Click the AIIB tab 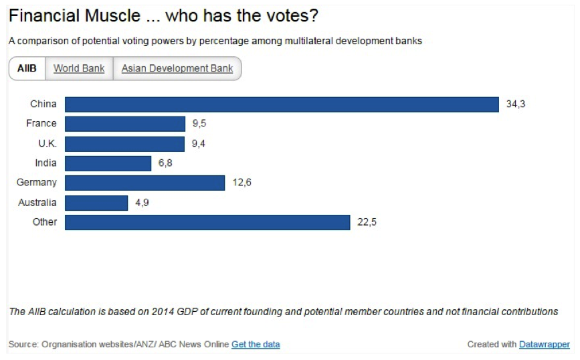tap(27, 68)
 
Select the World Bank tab tap(79, 68)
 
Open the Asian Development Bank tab tap(177, 68)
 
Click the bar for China tap(282, 104)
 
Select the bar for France tap(125, 124)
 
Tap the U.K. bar tap(124, 144)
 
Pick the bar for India tap(108, 163)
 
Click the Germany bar tap(144, 183)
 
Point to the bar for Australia tap(96, 203)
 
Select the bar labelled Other tap(207, 222)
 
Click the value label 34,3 tap(516, 104)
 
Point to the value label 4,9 tap(142, 203)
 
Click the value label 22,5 tap(367, 222)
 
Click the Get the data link tap(256, 345)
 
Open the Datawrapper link tap(545, 345)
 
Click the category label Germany tap(37, 183)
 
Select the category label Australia tap(37, 203)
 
